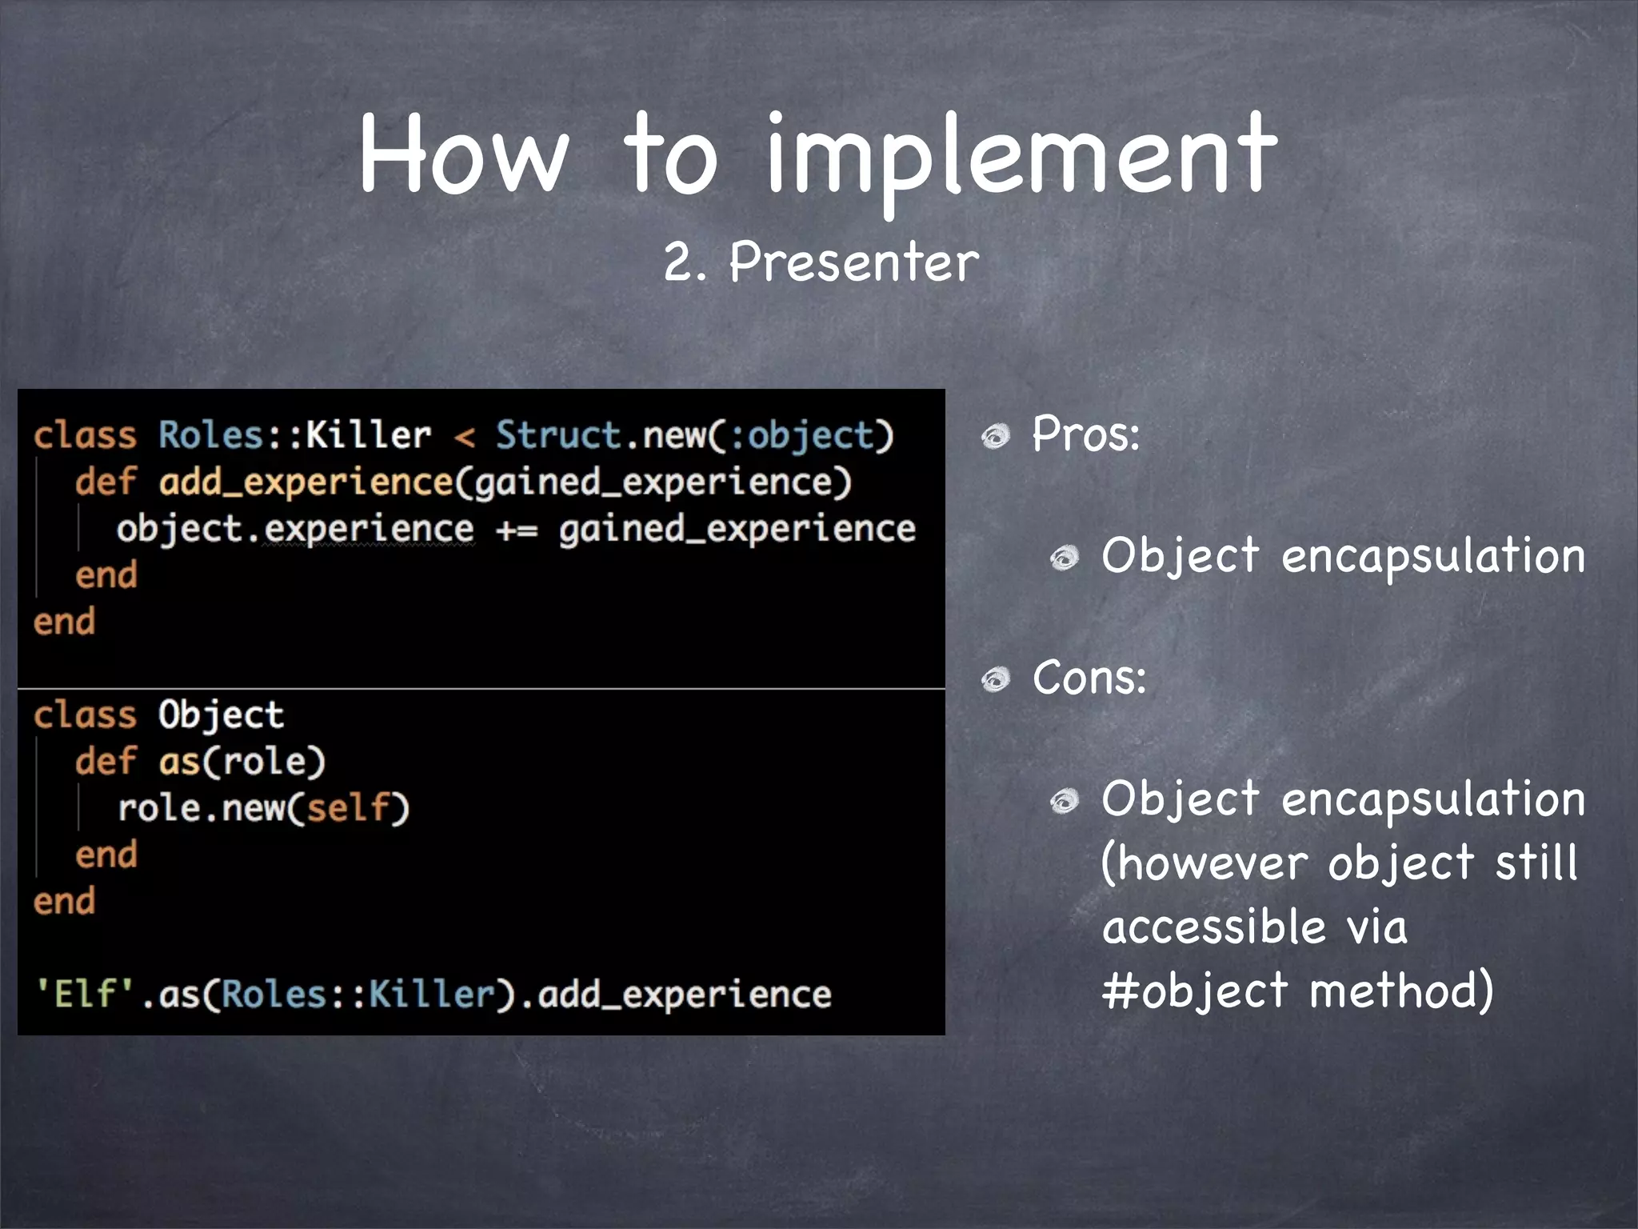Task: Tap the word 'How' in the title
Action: (x=464, y=154)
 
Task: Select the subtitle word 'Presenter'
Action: (x=854, y=262)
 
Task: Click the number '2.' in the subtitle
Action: (x=685, y=263)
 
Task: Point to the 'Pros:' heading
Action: (x=1085, y=434)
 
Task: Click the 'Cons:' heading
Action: (x=1089, y=678)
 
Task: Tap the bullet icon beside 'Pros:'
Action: (x=997, y=437)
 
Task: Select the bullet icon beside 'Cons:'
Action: (x=997, y=680)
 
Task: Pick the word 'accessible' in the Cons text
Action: (x=1214, y=927)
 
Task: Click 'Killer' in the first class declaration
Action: (x=369, y=435)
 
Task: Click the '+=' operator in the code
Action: (x=517, y=530)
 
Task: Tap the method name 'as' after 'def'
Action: (x=179, y=762)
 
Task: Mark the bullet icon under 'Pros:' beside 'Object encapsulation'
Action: (x=1065, y=558)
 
